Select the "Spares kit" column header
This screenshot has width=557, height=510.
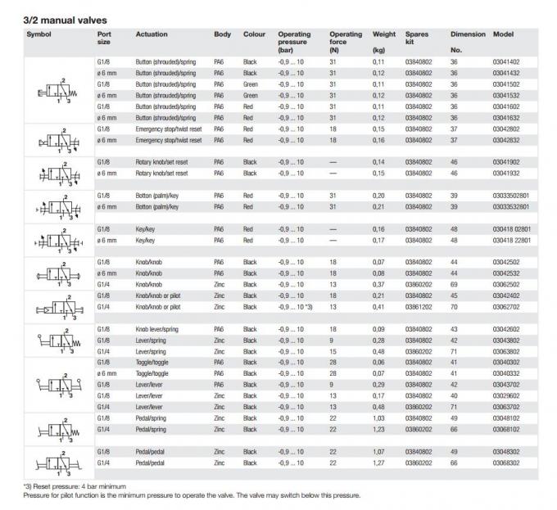pyautogui.click(x=417, y=38)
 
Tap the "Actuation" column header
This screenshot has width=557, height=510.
pyautogui.click(x=152, y=34)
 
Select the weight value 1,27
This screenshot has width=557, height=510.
pyautogui.click(x=379, y=463)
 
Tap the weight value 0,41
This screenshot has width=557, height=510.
pyautogui.click(x=379, y=305)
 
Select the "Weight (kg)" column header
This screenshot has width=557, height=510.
pyautogui.click(x=384, y=38)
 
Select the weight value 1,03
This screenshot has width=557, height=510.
pyautogui.click(x=379, y=418)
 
